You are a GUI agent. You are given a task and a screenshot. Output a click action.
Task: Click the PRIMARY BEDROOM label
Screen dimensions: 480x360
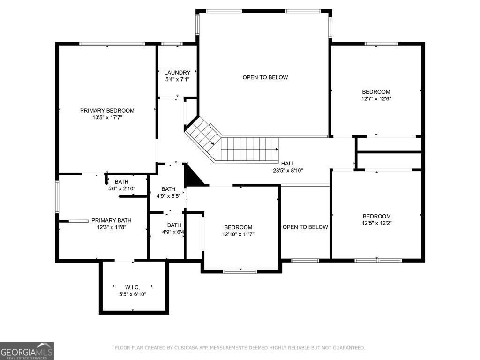pos(107,111)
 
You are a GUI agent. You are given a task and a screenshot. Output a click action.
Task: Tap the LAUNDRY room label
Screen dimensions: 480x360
pos(177,73)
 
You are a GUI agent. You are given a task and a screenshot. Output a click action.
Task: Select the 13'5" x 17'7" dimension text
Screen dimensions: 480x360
pos(107,117)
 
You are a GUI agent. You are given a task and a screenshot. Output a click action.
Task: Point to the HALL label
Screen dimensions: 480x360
pos(288,164)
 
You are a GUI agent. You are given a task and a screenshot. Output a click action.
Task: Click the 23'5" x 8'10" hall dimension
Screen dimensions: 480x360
pos(288,170)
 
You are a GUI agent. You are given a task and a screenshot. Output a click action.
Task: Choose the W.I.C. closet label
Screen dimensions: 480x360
pos(133,287)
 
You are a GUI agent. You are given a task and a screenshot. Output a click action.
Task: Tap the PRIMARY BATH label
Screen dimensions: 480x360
pos(112,220)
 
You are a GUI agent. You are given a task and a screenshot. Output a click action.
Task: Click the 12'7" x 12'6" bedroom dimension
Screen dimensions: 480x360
pos(376,98)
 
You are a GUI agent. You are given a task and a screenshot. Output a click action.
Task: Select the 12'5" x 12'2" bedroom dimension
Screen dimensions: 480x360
pos(377,223)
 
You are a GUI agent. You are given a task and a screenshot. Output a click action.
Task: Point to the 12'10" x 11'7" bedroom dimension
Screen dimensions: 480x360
pos(238,234)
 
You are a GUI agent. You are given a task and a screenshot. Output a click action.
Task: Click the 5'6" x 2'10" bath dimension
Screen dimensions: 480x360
pos(121,188)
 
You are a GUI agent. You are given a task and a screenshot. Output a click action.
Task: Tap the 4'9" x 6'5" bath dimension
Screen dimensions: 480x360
pos(168,196)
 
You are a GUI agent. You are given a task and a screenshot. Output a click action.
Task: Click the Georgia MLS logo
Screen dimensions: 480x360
pos(27,351)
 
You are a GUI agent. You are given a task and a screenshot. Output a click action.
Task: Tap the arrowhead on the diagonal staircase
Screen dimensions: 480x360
pos(212,143)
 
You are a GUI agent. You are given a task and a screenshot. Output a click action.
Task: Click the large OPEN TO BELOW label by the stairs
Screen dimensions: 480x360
pos(265,77)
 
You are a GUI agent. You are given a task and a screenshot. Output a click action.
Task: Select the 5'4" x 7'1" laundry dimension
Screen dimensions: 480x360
pos(177,79)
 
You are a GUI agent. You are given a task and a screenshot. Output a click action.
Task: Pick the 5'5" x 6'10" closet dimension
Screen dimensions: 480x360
pos(133,294)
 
